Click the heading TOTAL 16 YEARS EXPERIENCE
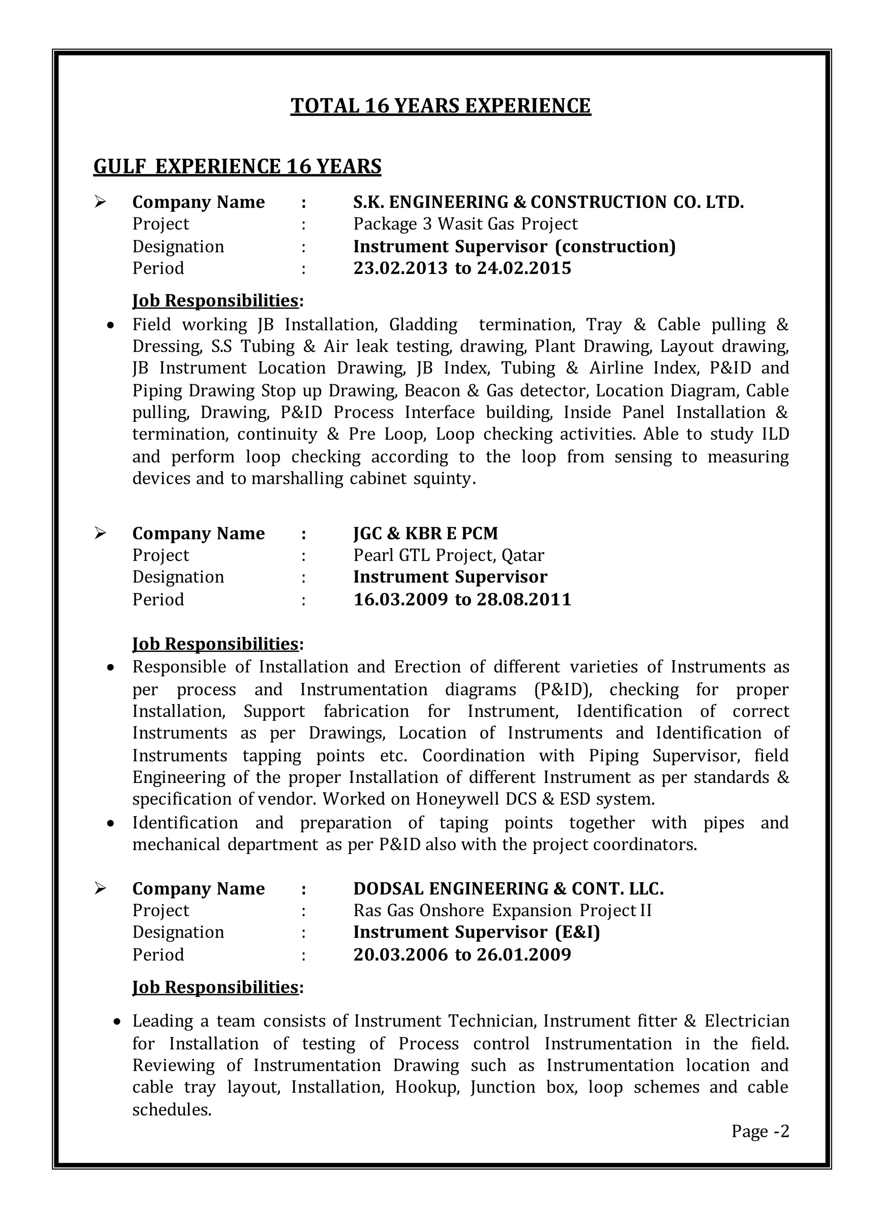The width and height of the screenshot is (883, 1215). (441, 106)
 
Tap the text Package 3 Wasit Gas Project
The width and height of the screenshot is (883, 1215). (465, 224)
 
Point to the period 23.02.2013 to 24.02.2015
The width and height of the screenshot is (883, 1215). (462, 268)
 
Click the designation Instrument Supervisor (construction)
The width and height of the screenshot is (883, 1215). (514, 247)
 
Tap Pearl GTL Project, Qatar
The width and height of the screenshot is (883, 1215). (448, 555)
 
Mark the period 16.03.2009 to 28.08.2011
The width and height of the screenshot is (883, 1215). (462, 599)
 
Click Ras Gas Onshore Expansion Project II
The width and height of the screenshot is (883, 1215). (502, 910)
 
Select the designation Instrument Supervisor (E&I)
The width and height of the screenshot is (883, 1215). (476, 932)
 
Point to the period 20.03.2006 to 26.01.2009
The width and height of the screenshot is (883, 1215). (462, 955)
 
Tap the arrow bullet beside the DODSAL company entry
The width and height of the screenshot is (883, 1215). (100, 888)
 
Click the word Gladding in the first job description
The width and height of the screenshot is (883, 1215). (423, 325)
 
